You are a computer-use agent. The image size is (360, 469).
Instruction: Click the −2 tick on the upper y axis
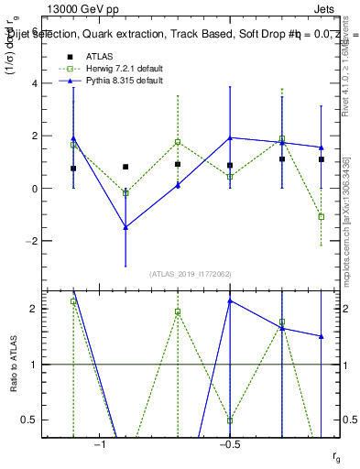37,241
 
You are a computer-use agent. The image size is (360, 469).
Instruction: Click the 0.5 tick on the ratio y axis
36,420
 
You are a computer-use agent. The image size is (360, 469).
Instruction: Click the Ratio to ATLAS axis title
13,364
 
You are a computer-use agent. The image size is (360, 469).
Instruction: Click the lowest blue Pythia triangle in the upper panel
125,227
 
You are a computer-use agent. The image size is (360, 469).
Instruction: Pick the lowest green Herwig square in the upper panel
322,217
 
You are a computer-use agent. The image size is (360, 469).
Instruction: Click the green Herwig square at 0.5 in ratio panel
230,420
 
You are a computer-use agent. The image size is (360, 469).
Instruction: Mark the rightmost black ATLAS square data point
322,159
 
